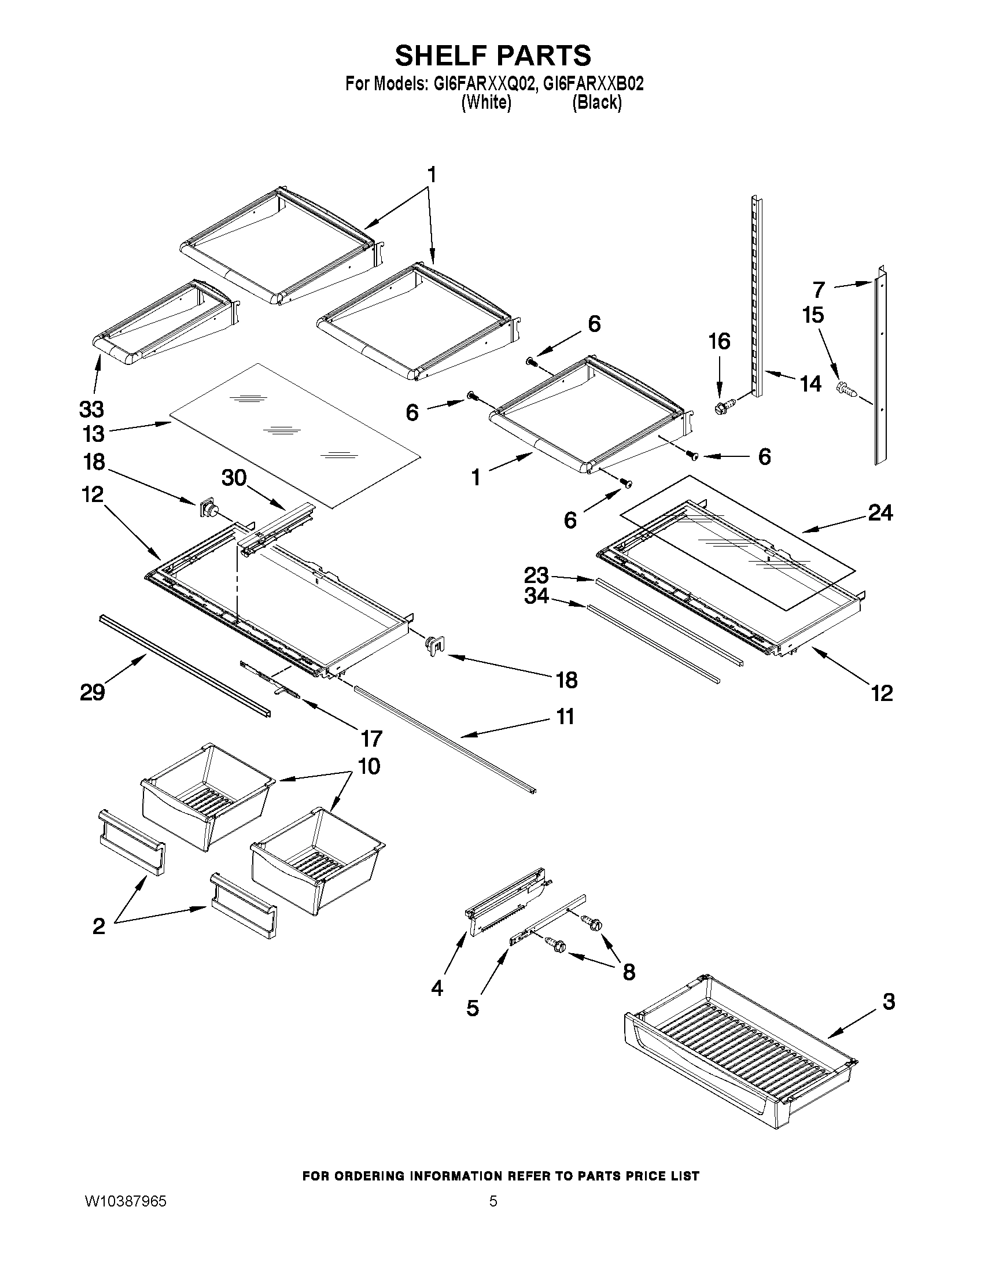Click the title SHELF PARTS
point(493,57)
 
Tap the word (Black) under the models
point(596,102)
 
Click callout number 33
point(91,409)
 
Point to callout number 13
point(93,434)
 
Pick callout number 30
point(234,478)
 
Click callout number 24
point(880,512)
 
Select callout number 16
point(720,341)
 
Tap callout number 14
point(810,384)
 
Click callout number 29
point(92,692)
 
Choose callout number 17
point(371,739)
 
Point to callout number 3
point(889,1002)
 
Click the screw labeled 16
point(723,406)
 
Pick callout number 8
point(628,971)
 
